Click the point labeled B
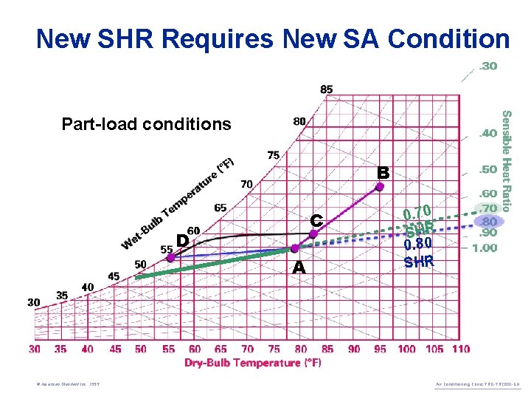pyautogui.click(x=380, y=187)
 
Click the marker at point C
pyautogui.click(x=313, y=233)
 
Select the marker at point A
pyautogui.click(x=295, y=248)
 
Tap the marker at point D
pyautogui.click(x=170, y=256)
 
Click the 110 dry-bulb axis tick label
pyautogui.click(x=459, y=349)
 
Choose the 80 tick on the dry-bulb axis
pyautogui.click(x=301, y=349)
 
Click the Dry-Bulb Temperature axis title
pyautogui.click(x=253, y=363)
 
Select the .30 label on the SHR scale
pyautogui.click(x=488, y=66)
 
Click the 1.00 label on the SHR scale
pyautogui.click(x=485, y=248)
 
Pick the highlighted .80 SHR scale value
pyautogui.click(x=489, y=221)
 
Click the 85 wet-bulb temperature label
pyautogui.click(x=326, y=89)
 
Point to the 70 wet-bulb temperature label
pyautogui.click(x=246, y=183)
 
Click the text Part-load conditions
pyautogui.click(x=146, y=124)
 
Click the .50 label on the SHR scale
pyautogui.click(x=488, y=170)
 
